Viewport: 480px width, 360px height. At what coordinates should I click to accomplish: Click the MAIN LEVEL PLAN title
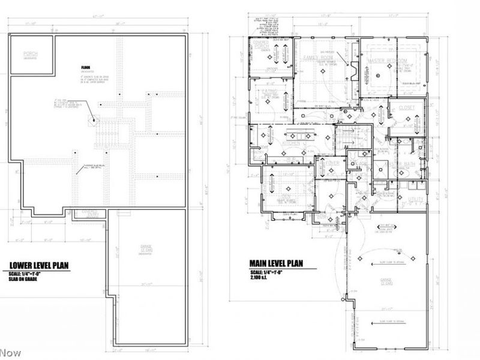coord(277,263)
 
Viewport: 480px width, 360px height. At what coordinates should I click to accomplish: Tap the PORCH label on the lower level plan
coord(31,54)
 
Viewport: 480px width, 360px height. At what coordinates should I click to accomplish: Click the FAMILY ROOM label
coord(318,57)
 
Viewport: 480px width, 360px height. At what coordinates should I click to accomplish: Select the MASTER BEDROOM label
coord(387,61)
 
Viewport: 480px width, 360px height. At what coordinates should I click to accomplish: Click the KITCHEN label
coord(295,144)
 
